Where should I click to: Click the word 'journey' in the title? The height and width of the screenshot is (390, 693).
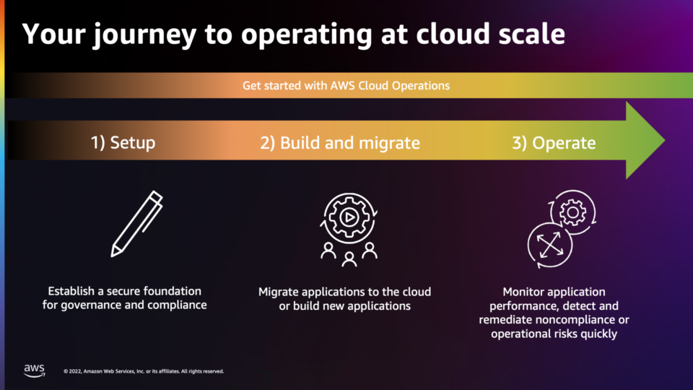point(144,35)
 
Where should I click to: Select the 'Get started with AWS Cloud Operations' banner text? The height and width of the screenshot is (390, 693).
point(346,85)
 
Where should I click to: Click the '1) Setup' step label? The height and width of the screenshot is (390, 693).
point(123,143)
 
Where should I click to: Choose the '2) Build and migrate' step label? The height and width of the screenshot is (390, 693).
point(340,143)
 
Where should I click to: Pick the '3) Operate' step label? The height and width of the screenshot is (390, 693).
point(554,143)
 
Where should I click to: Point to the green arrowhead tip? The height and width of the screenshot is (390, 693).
point(664,140)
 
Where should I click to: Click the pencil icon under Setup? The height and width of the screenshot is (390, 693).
point(137,224)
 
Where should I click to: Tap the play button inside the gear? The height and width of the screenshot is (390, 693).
point(349,217)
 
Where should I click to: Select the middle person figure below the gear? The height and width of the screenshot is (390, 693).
point(349,259)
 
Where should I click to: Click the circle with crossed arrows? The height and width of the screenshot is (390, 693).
point(550,245)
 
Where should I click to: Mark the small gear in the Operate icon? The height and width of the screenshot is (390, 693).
point(572,212)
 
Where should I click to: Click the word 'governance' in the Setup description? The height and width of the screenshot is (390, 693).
point(97,305)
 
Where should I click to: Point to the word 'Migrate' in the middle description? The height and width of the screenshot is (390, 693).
point(278,292)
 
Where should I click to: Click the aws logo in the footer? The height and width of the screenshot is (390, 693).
point(35,370)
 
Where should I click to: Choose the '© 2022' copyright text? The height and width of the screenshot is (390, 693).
point(72,371)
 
